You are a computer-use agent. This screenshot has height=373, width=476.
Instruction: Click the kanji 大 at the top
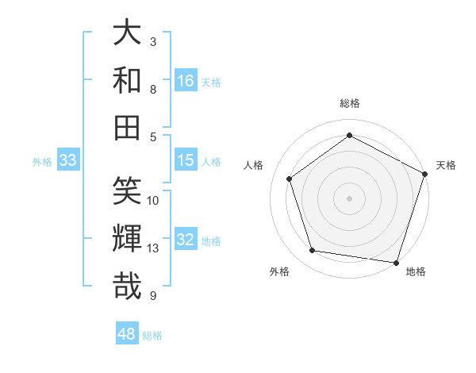click(x=127, y=33)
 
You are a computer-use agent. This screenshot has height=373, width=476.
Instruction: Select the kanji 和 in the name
click(x=127, y=80)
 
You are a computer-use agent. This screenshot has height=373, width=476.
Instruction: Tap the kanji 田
click(x=127, y=127)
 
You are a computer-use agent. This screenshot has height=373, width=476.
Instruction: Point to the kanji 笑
click(x=127, y=191)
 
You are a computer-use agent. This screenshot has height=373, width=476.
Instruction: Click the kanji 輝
click(x=127, y=238)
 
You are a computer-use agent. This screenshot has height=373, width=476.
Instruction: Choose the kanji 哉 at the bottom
click(x=127, y=285)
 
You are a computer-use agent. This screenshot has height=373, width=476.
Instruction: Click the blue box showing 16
click(x=186, y=80)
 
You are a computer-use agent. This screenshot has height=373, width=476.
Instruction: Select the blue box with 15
click(x=186, y=160)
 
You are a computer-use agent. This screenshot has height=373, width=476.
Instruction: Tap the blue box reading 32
click(x=186, y=240)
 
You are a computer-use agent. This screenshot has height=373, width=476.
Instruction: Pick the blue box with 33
click(x=67, y=160)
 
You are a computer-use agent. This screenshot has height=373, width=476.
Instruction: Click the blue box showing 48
click(x=127, y=334)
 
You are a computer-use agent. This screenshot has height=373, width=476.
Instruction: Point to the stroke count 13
click(x=154, y=248)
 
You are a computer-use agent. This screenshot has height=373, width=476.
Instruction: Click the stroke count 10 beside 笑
click(x=154, y=200)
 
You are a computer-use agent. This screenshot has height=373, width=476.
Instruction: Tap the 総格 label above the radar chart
click(x=349, y=103)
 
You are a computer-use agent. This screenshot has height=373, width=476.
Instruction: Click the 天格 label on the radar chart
click(x=446, y=165)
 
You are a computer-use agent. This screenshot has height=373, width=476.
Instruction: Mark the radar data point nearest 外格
click(x=313, y=251)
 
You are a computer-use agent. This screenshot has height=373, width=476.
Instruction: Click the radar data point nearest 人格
click(x=290, y=179)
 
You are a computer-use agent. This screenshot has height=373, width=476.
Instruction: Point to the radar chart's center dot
click(x=349, y=198)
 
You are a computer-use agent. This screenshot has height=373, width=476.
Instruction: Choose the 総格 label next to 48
click(x=152, y=336)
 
